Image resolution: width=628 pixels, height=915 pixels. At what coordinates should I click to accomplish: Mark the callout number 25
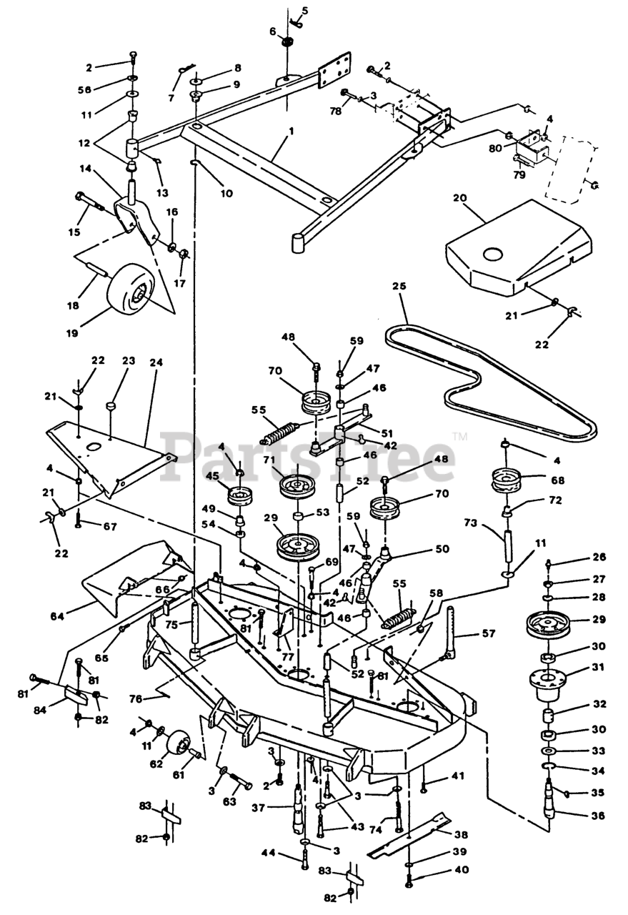pos(399,287)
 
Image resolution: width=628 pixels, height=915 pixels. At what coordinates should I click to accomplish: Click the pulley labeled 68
pos(507,480)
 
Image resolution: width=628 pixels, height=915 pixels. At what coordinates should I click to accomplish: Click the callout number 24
pos(156,363)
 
